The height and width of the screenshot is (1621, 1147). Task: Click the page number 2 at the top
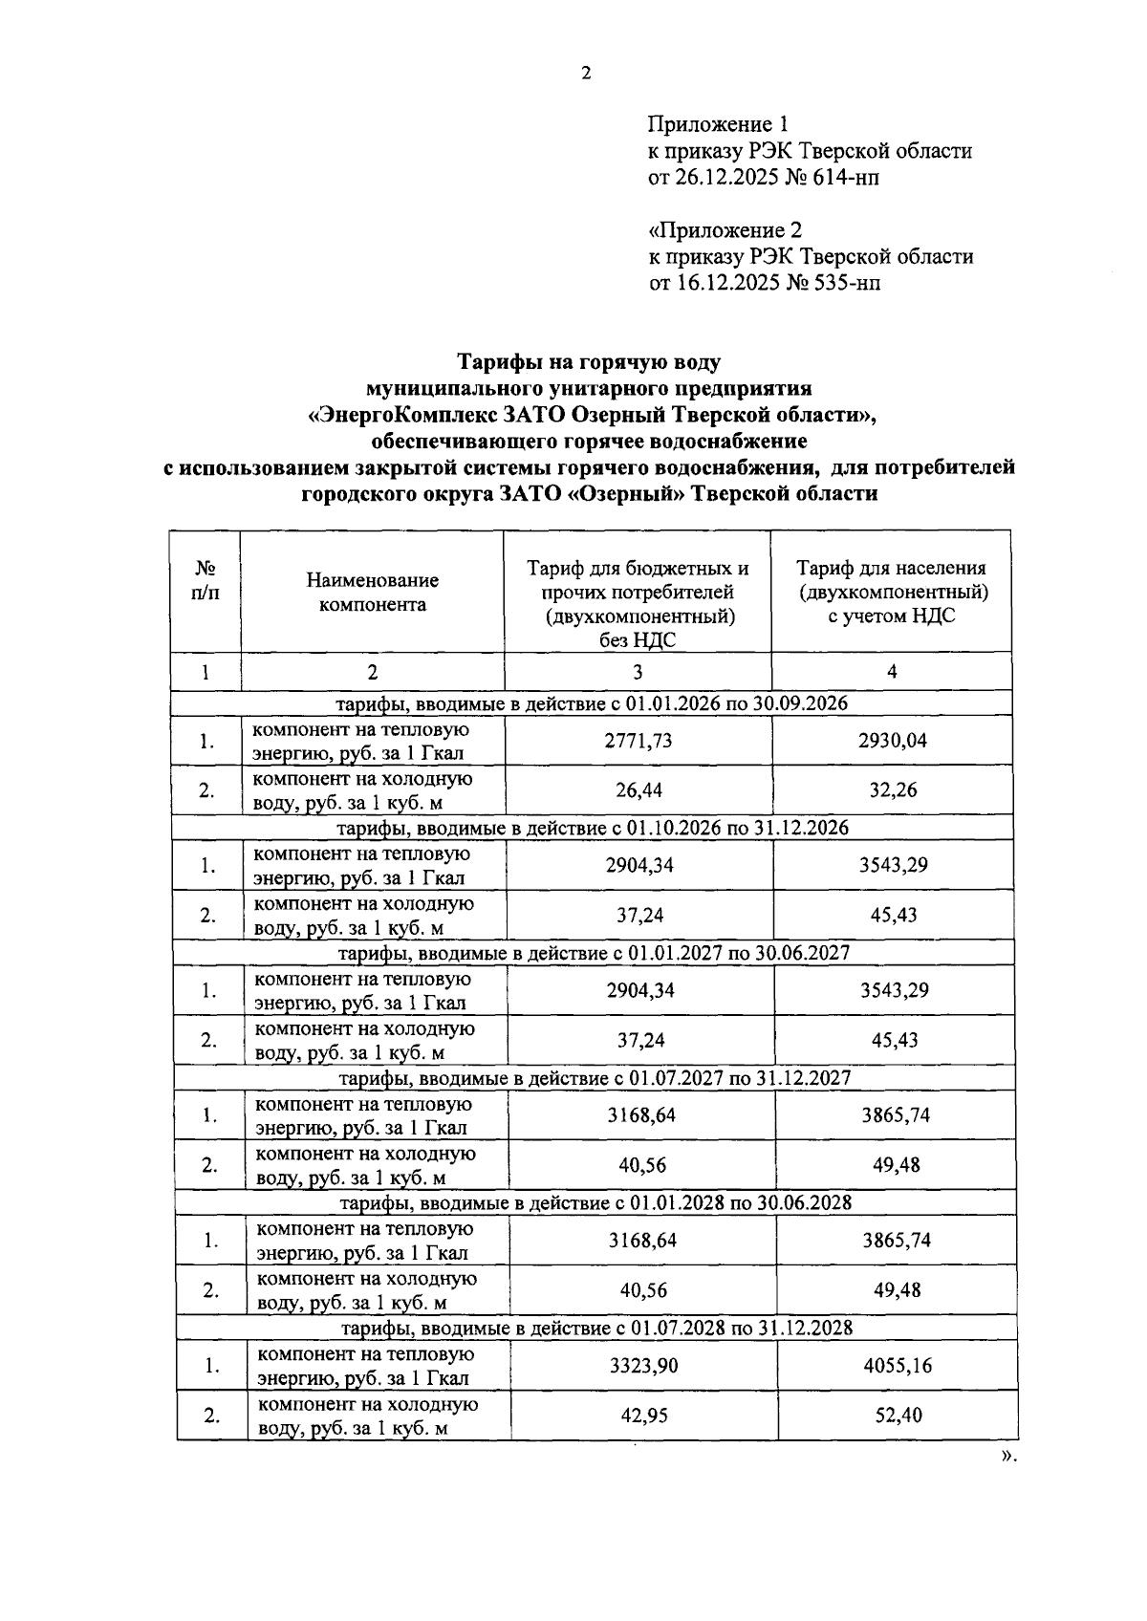586,74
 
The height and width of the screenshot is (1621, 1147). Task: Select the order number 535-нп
847,283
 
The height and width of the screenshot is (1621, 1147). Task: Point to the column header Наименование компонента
373,592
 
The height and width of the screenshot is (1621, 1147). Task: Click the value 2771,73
638,741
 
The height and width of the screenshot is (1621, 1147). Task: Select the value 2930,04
892,741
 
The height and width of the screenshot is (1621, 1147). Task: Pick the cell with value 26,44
638,790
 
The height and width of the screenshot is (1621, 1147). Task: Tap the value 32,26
893,790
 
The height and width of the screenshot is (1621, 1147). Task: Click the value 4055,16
897,1365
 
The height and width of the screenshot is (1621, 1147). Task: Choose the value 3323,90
643,1365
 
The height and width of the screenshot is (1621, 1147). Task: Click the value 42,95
643,1416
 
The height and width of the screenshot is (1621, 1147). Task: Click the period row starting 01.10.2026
594,828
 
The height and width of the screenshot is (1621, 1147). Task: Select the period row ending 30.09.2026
592,703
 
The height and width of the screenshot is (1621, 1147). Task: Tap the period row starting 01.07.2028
597,1329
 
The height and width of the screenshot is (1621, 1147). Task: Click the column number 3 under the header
638,672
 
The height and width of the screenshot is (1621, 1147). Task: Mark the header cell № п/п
205,580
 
